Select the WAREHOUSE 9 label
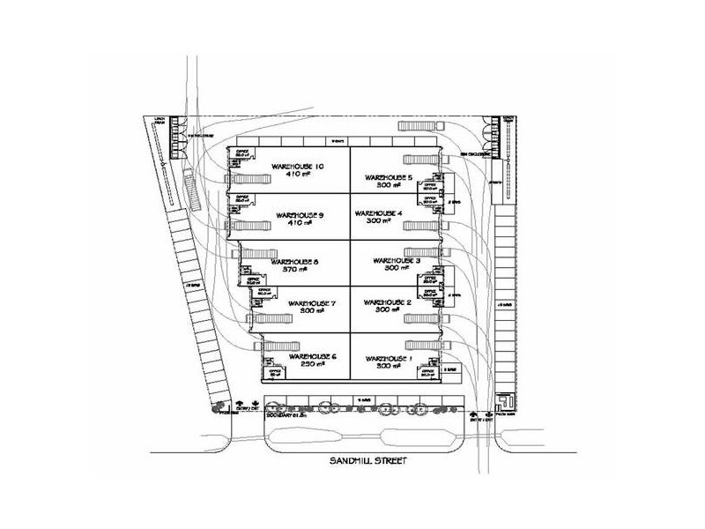[x=297, y=215]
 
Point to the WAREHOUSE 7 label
[x=297, y=304]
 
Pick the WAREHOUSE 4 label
[x=376, y=213]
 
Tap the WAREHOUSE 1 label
[x=388, y=358]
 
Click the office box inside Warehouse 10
[x=240, y=154]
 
